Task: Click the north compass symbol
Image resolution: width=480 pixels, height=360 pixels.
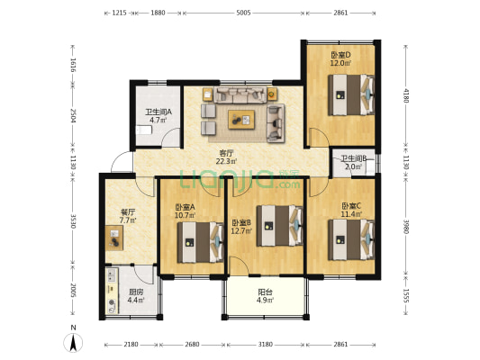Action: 73,342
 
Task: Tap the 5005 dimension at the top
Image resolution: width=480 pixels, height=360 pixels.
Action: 244,13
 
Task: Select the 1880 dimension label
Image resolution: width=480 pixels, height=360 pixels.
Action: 158,13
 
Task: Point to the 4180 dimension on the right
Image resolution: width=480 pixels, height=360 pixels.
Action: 405,95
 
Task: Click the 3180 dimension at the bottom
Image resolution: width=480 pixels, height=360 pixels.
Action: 265,345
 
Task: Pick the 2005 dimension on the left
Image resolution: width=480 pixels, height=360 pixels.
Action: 73,290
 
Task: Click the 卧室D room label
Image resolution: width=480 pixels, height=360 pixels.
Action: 340,55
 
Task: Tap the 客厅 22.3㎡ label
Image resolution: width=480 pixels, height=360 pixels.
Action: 226,157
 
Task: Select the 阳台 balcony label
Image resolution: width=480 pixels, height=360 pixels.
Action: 265,292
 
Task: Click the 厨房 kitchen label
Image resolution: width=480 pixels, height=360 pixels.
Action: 136,292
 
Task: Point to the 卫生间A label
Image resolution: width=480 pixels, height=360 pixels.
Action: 158,112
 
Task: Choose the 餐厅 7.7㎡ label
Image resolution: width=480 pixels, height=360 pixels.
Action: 128,216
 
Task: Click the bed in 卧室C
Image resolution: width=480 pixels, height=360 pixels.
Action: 351,239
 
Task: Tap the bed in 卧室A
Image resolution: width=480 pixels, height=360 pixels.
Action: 201,242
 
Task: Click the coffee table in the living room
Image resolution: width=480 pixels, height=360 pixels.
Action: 241,120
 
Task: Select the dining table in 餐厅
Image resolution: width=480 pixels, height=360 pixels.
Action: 114,238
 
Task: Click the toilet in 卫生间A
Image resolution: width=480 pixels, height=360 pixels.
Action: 143,130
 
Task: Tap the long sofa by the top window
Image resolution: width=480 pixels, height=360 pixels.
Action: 240,94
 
